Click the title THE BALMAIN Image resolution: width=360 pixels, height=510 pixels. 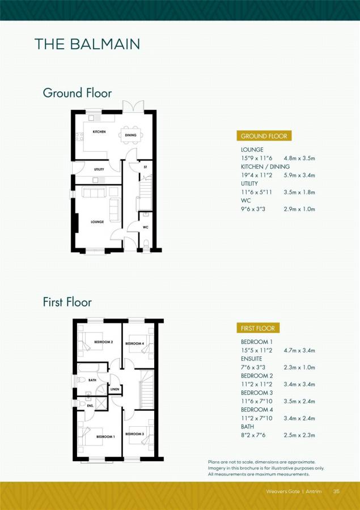click(x=87, y=44)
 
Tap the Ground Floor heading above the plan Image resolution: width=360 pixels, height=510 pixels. click(x=77, y=93)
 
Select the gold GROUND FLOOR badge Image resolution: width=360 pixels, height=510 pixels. click(x=264, y=136)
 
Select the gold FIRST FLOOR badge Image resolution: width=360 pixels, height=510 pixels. click(x=257, y=328)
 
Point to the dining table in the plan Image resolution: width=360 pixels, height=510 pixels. click(x=131, y=135)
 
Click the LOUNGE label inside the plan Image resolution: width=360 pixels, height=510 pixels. click(x=97, y=222)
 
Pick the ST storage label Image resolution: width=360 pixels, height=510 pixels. click(x=145, y=167)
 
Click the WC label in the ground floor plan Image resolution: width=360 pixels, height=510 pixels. click(x=145, y=227)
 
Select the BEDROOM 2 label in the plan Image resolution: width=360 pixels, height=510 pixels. click(x=104, y=342)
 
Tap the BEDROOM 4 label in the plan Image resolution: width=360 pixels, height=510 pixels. click(x=134, y=343)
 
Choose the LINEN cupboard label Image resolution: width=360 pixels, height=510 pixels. click(x=115, y=389)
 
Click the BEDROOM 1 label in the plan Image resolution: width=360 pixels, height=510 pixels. click(x=105, y=436)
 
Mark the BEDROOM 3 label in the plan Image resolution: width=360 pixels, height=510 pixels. click(x=134, y=434)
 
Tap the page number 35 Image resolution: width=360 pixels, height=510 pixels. click(x=336, y=491)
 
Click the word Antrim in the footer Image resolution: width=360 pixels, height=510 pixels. click(x=314, y=491)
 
